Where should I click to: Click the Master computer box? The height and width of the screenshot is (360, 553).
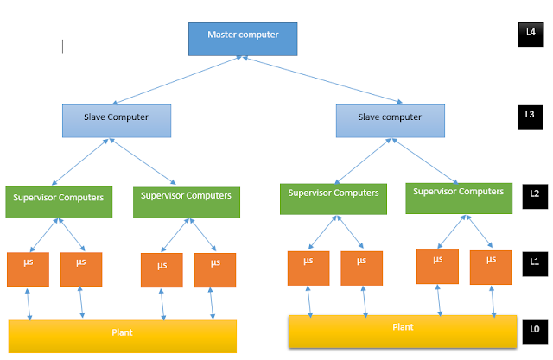point(244,40)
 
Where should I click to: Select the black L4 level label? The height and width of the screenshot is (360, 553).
point(530,35)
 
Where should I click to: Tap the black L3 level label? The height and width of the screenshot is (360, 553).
point(530,117)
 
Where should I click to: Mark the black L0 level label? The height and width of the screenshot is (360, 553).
point(533,330)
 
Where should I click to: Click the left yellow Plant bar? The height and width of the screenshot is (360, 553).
point(122,335)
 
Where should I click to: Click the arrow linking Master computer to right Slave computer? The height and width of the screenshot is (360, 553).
point(310,82)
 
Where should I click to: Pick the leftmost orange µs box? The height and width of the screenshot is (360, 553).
point(28,268)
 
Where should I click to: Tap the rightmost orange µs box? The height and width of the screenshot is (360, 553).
point(490,267)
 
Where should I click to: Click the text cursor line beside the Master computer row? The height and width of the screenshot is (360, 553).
point(62,45)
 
